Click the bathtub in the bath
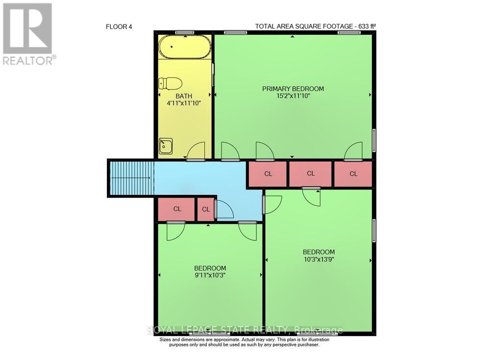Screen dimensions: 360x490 [x=185, y=48]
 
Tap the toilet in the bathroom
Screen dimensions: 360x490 [x=170, y=84]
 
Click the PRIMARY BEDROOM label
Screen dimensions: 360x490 [x=293, y=89]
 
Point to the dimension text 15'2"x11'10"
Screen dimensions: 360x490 [x=293, y=96]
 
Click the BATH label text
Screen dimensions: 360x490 [x=184, y=96]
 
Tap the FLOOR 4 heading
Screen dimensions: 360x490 [x=119, y=26]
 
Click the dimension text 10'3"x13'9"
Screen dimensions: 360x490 [x=318, y=260]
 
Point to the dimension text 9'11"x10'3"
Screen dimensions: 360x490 [x=210, y=275]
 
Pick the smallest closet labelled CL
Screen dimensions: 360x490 [x=206, y=209]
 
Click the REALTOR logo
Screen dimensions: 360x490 [x=28, y=34]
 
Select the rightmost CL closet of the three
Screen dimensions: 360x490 [x=353, y=174]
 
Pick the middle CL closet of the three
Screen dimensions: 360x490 [x=311, y=174]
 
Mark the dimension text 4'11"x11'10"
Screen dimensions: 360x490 [x=184, y=103]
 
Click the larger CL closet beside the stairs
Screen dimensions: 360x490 [x=177, y=209]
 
